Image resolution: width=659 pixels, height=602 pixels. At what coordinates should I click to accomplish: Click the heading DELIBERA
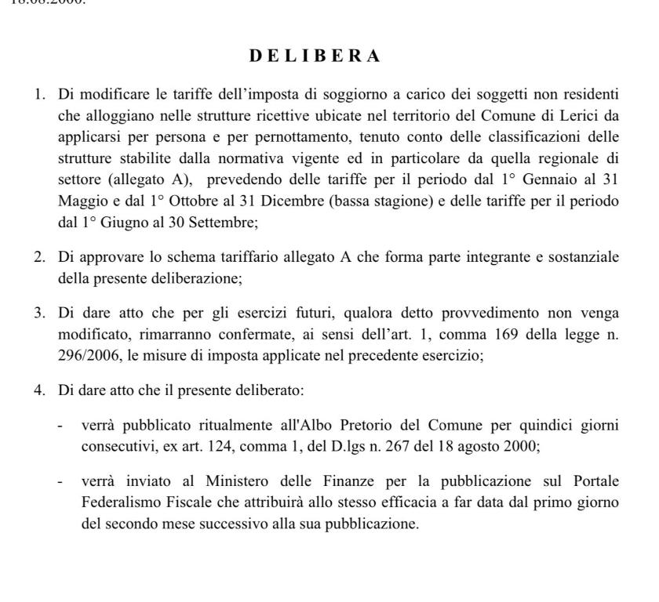tap(314, 56)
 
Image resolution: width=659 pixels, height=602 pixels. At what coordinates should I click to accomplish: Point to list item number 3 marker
tap(39, 313)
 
